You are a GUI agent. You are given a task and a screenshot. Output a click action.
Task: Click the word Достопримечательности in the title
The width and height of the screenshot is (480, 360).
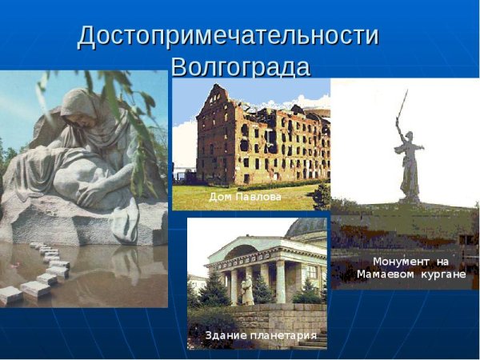[228, 36]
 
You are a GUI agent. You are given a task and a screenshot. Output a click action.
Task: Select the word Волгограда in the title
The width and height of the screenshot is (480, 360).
[240, 66]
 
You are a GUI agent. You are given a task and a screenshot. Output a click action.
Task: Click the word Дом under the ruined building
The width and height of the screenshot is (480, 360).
[219, 196]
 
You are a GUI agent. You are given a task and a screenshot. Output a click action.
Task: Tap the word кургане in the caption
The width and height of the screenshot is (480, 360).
[442, 275]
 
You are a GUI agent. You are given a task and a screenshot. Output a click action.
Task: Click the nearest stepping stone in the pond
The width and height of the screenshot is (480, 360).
[11, 294]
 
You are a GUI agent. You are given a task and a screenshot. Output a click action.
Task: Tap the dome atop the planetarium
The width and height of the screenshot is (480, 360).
[308, 228]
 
